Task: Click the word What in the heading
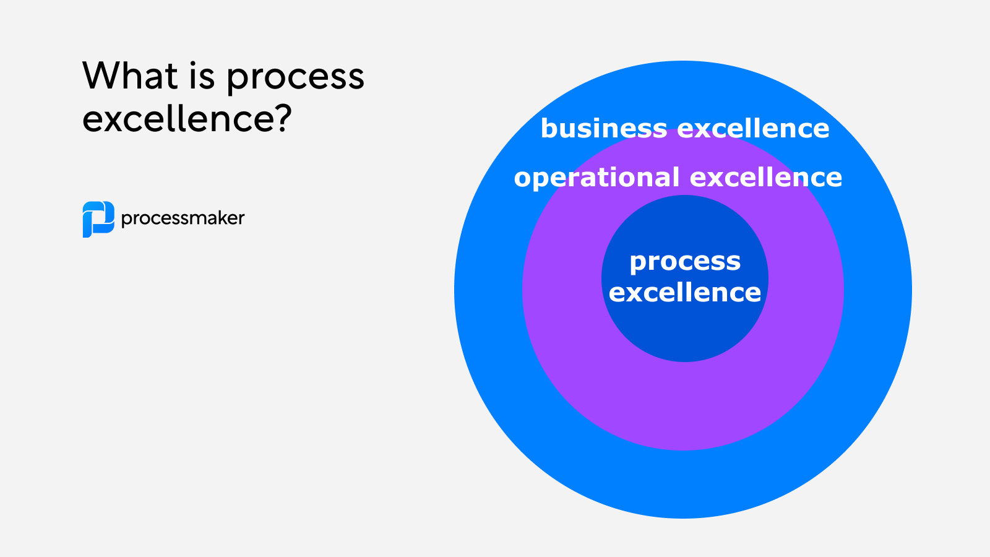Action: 130,76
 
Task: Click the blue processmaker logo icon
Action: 98,219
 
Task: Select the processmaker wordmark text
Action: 183,218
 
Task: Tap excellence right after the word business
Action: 753,129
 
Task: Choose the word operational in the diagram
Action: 596,178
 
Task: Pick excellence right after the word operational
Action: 766,178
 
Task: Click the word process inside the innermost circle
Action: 685,262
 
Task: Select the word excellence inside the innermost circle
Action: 685,293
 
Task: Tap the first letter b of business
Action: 548,128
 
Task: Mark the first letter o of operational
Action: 523,178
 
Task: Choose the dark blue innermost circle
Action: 685,334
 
